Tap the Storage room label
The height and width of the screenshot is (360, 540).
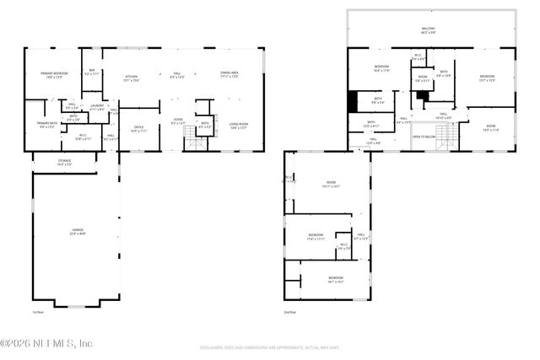(65, 161)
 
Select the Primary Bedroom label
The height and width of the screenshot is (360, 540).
(52, 75)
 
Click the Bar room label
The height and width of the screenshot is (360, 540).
(92, 73)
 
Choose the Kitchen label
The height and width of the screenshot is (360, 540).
(131, 78)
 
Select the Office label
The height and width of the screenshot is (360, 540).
(138, 129)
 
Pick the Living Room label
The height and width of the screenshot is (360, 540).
(239, 126)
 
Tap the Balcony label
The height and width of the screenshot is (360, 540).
(429, 31)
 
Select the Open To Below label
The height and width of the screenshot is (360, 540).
(424, 136)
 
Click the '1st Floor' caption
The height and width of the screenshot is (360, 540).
(37, 313)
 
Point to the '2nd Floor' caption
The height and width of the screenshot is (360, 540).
(290, 313)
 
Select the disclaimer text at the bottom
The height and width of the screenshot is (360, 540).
(270, 347)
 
